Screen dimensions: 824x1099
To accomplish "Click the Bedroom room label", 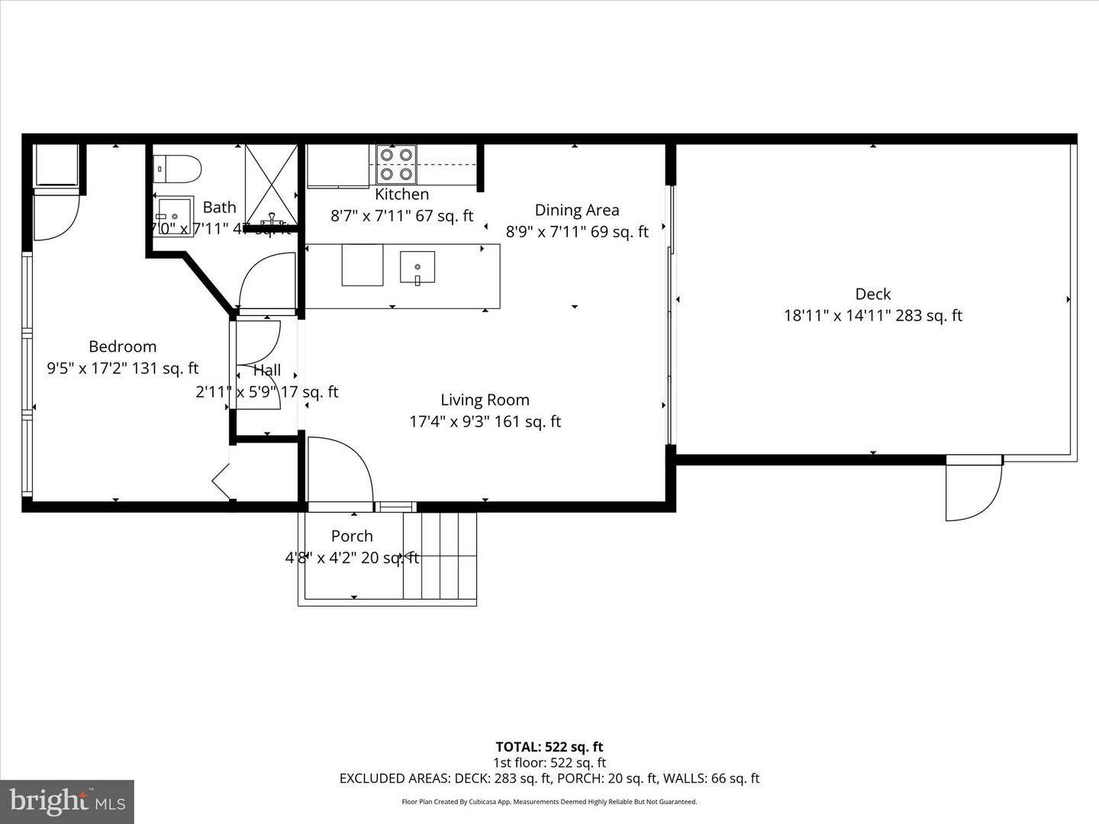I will coord(122,346).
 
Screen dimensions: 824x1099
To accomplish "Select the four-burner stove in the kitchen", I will coord(396,164).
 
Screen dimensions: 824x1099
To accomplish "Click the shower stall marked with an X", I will coord(271,184).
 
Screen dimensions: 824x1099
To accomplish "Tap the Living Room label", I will coord(485,400).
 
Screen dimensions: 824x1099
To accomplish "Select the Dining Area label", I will coord(576,211).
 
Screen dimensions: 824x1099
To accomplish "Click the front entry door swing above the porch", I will coord(339,470).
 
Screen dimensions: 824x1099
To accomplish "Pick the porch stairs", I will coord(440,556).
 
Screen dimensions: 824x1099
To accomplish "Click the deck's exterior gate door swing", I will coord(973,491).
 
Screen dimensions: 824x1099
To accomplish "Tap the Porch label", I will coord(352,536).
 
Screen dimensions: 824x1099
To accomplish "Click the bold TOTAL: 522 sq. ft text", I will coord(549,747).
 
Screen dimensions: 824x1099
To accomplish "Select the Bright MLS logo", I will coord(67,801).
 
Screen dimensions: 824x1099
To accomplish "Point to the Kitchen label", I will coord(401,195).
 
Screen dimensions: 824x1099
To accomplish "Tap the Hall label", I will coord(267,371).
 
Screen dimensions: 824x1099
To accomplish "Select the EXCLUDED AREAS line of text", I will coord(549,778).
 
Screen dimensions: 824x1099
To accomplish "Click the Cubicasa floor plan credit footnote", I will coord(549,802).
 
